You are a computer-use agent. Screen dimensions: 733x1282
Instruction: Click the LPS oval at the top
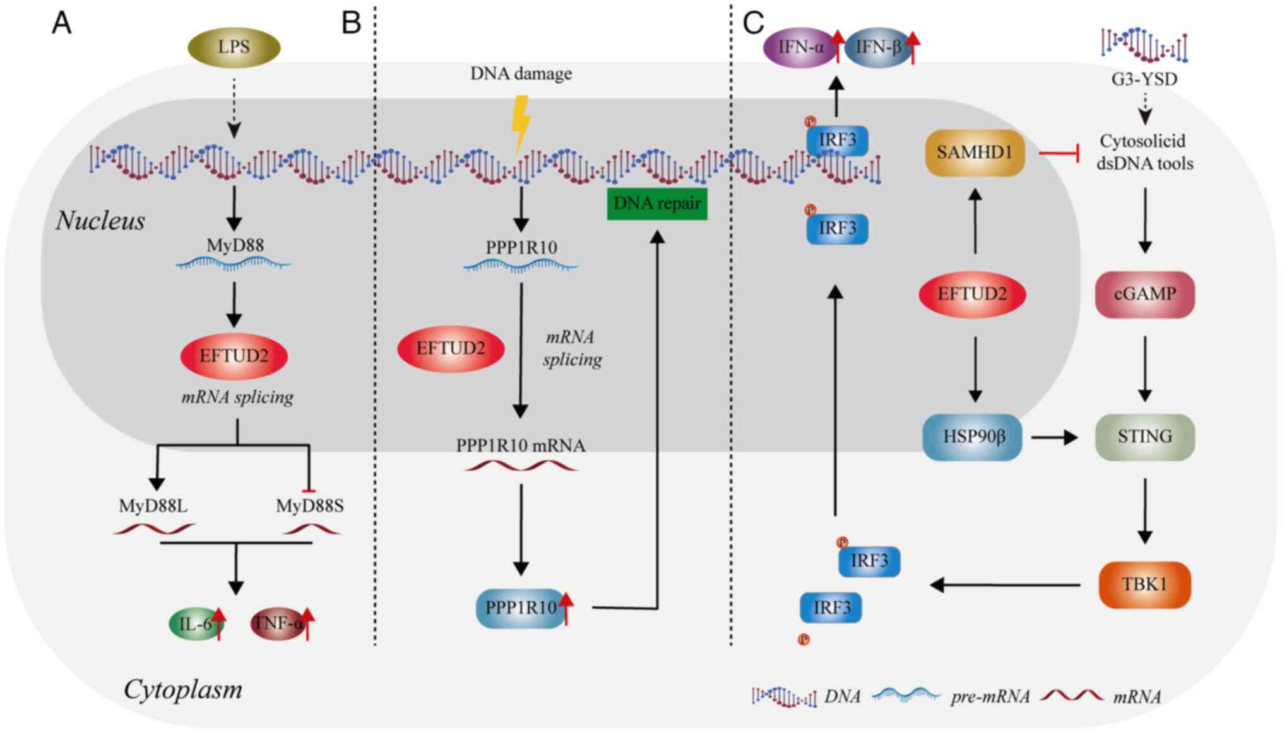[x=234, y=47]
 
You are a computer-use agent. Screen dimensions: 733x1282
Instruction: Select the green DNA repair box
[x=656, y=204]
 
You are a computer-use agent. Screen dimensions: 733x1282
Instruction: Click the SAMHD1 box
[x=974, y=153]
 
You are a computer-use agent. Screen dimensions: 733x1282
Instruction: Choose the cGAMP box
[x=1144, y=295]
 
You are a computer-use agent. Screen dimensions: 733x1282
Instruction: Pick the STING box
[x=1144, y=437]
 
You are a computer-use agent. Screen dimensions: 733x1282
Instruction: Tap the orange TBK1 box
[x=1144, y=585]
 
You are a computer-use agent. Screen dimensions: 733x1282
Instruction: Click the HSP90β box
[x=972, y=437]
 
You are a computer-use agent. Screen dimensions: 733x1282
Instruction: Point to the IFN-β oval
[x=877, y=47]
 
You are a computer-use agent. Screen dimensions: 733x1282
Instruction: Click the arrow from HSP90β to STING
[x=1054, y=437]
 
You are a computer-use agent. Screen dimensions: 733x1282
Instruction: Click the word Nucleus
[x=100, y=221]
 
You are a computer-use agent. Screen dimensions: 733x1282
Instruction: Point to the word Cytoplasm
[x=183, y=689]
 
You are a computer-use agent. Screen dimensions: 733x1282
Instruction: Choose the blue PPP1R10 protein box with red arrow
[x=520, y=608]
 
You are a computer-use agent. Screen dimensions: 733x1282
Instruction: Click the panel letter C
[x=753, y=23]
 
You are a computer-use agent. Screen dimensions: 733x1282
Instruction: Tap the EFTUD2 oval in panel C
[x=972, y=295]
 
